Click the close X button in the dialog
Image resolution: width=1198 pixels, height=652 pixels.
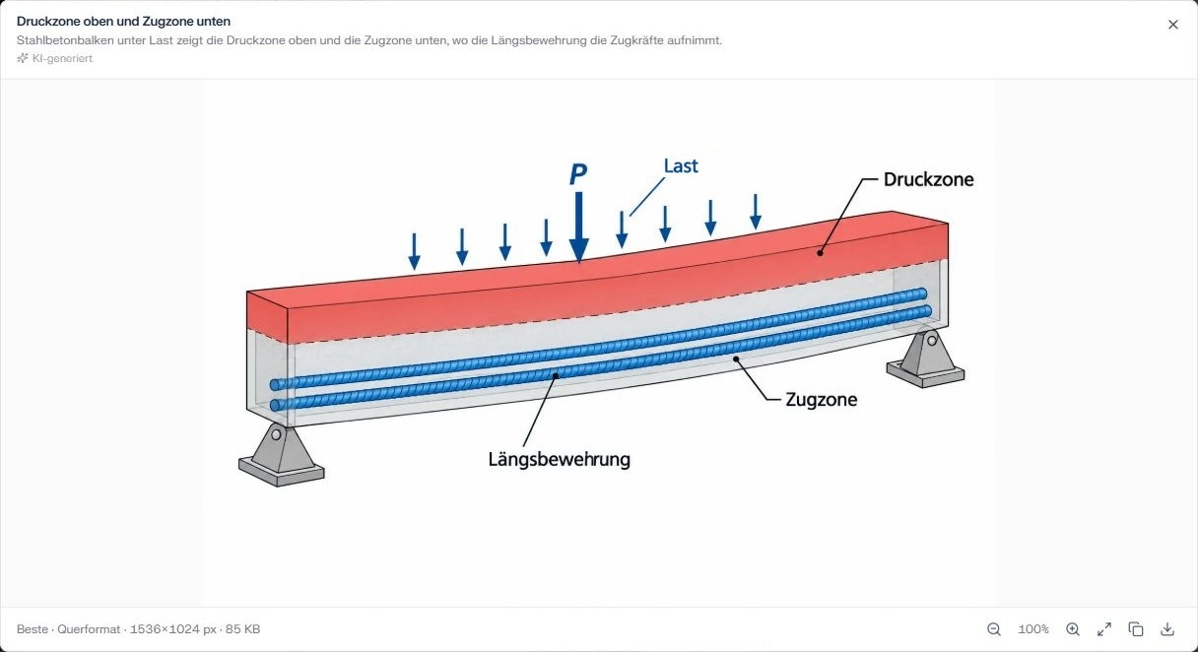pos(1172,25)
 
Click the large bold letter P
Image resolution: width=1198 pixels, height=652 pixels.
pos(578,173)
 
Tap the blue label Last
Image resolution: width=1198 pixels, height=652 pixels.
pos(681,165)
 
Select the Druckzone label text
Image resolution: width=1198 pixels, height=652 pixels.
pos(928,179)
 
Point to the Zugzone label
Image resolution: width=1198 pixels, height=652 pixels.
pos(821,400)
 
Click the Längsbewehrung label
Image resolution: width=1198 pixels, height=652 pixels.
pos(559,459)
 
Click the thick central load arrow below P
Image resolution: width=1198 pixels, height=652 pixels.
pos(578,227)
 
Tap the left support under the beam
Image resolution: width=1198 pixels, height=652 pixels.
pos(281,455)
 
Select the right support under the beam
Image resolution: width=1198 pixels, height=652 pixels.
pos(925,359)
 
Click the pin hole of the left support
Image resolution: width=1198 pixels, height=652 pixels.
pos(276,434)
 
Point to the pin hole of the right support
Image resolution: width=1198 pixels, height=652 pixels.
pos(932,341)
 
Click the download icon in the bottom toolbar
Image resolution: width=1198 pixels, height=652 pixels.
pos(1167,629)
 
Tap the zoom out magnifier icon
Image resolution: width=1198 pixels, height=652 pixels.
pos(994,629)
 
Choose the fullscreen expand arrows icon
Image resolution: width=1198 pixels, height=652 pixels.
pos(1103,629)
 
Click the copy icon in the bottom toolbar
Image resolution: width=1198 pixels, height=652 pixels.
pos(1136,629)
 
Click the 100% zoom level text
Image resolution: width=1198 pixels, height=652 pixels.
pos(1033,629)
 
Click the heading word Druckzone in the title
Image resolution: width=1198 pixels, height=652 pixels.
pos(48,22)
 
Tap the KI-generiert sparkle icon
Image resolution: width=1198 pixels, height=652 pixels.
pos(23,58)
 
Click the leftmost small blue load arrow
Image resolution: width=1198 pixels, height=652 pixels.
pos(414,251)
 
